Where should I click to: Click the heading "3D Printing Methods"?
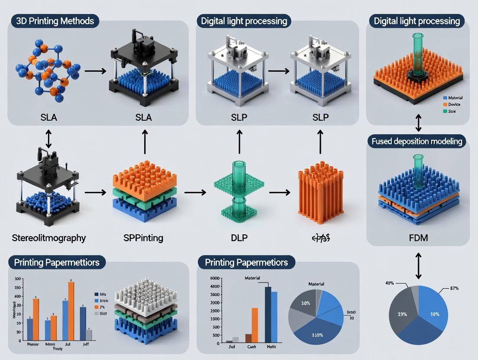tap(55, 21)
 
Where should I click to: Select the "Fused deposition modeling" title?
tap(417, 141)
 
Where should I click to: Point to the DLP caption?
tap(239, 238)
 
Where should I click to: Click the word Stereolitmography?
tap(48, 238)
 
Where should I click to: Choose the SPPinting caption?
tap(144, 238)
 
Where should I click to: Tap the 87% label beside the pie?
tap(455, 288)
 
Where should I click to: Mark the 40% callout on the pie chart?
tap(390, 283)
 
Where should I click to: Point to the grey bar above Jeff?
tap(89, 334)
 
